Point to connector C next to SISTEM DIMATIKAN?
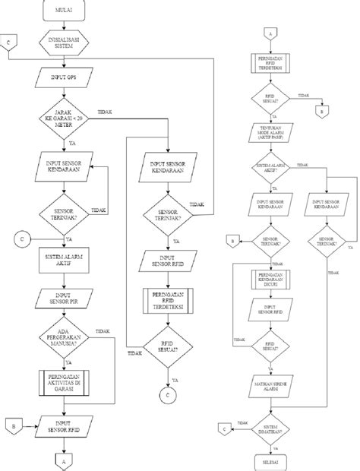pyautogui.click(x=224, y=429)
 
